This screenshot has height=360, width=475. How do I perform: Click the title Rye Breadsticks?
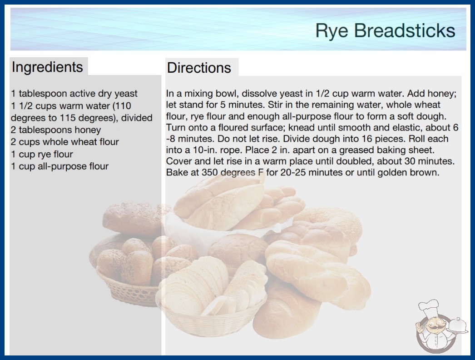[385, 31]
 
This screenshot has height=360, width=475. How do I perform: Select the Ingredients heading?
[47, 67]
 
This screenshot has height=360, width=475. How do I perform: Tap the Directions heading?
[199, 68]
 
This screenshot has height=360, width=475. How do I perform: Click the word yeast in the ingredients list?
[126, 94]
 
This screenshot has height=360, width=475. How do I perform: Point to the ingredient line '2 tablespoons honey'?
[56, 130]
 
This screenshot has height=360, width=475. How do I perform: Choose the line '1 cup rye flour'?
[42, 154]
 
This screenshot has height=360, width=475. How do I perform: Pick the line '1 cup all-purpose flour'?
[59, 166]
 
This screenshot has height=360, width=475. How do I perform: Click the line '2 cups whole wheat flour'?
[65, 142]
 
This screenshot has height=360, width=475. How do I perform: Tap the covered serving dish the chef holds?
[458, 326]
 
